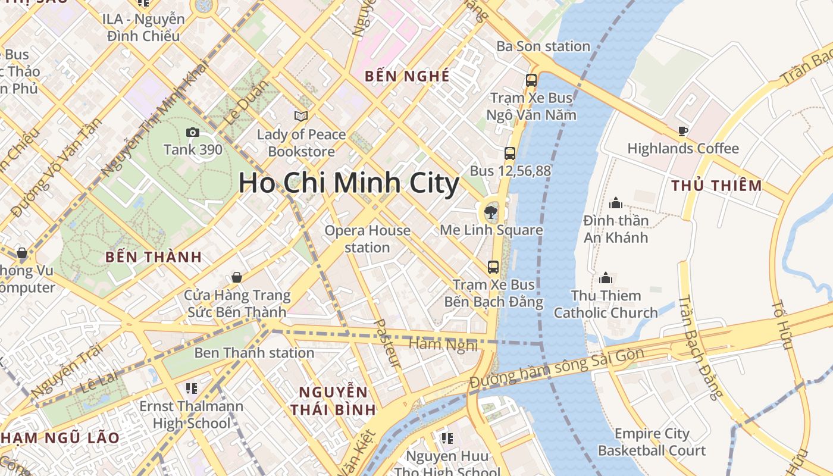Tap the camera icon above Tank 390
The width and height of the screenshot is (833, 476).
click(x=193, y=133)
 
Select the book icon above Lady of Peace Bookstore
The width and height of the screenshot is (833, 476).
click(x=301, y=116)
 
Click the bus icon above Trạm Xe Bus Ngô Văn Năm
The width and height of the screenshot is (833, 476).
click(x=531, y=80)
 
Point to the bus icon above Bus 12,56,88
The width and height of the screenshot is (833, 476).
click(x=510, y=154)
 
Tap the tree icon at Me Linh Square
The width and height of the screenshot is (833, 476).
click(x=491, y=211)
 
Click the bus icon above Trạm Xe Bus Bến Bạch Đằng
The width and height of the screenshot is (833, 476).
click(x=493, y=267)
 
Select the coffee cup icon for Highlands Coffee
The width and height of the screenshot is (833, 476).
click(x=682, y=131)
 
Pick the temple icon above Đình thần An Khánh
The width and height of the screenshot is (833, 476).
click(x=616, y=203)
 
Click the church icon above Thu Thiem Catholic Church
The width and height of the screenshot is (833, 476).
click(x=606, y=278)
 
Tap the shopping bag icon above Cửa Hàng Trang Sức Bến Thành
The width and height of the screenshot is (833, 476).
click(x=237, y=277)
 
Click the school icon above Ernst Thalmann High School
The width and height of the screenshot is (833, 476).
click(x=191, y=389)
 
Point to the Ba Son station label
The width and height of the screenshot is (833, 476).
click(x=543, y=46)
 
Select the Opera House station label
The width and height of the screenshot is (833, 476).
click(x=367, y=239)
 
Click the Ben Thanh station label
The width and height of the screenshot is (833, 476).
click(x=254, y=353)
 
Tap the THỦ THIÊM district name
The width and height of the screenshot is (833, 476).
click(x=716, y=186)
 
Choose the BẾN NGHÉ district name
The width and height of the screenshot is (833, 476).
click(x=407, y=76)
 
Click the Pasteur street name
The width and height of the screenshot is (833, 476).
click(x=387, y=343)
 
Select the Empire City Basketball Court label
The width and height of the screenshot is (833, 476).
click(x=652, y=442)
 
